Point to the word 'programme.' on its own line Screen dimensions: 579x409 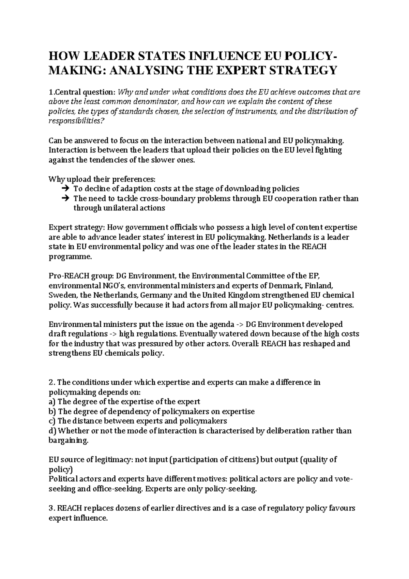pos(70,256)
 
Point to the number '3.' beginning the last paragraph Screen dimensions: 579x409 pos(52,508)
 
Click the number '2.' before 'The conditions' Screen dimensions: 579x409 pos(52,382)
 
